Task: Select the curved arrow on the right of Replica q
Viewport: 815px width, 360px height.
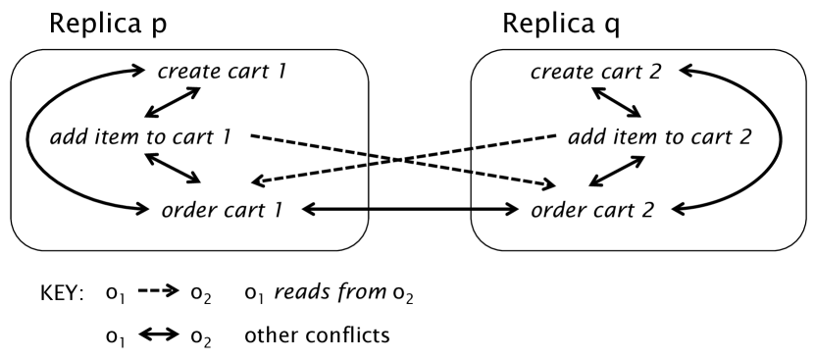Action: click(x=780, y=137)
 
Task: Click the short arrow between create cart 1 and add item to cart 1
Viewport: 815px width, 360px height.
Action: click(x=173, y=103)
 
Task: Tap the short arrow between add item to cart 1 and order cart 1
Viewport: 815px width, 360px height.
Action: click(x=173, y=171)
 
